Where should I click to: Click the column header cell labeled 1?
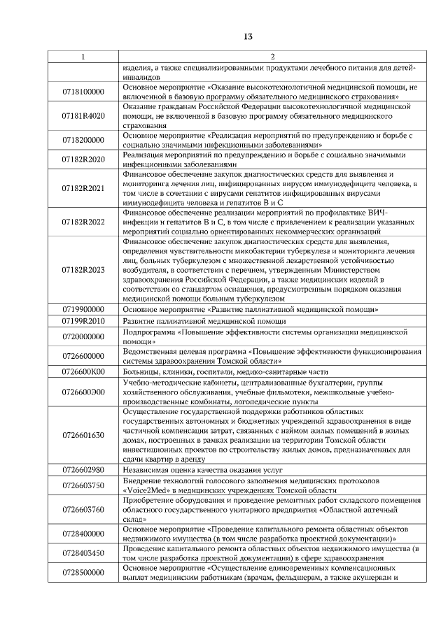83,56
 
